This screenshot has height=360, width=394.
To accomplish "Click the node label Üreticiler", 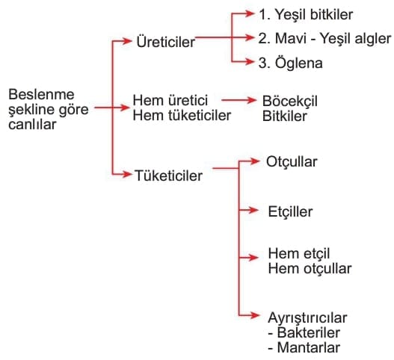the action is [165, 41].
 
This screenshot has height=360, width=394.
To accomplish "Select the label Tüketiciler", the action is [168, 176].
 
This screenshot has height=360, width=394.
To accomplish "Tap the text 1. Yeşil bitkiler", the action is [306, 14].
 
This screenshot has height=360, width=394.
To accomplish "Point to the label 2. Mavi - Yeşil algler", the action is [324, 39].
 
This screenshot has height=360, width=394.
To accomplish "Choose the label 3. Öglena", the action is [291, 63].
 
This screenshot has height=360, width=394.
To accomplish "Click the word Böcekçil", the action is [290, 101].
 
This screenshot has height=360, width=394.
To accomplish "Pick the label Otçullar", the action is [292, 161].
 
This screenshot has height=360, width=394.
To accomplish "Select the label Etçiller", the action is [290, 211].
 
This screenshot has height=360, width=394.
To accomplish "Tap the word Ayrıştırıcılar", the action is [307, 318].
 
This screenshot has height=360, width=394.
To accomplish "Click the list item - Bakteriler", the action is [304, 332].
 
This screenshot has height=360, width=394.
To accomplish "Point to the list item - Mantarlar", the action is [304, 348].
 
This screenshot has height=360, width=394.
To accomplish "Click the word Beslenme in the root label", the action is [41, 95].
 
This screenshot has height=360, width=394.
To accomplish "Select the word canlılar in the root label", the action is [32, 125].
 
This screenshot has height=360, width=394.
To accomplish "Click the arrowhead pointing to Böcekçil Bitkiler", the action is [250, 100].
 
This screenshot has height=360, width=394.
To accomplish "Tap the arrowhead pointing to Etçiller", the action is [253, 210].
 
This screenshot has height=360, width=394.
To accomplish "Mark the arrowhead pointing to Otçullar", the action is [253, 161].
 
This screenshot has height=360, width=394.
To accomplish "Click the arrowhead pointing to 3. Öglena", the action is [248, 61].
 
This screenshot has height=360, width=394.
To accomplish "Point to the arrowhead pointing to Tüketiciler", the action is [126, 174].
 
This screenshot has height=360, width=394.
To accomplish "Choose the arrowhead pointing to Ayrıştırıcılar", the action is [253, 315].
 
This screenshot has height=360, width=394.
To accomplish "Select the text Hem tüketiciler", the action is [182, 116].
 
